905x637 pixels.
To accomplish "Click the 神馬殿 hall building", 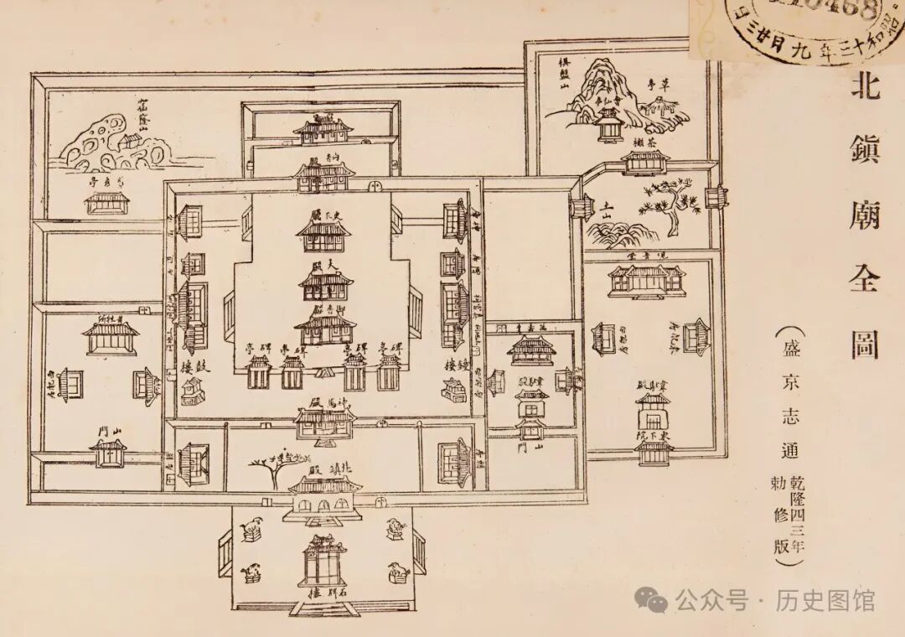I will point(323,423).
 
